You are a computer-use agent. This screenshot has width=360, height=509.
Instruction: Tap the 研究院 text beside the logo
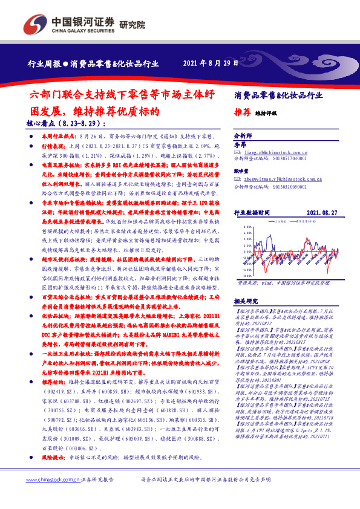point(129,23)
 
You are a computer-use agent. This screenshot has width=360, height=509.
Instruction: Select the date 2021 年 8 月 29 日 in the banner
point(210,63)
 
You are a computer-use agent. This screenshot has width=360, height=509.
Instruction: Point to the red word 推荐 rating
point(241,112)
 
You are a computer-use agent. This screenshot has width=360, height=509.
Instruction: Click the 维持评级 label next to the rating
point(264,113)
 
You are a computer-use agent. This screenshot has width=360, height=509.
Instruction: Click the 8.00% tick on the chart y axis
point(246,227)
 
